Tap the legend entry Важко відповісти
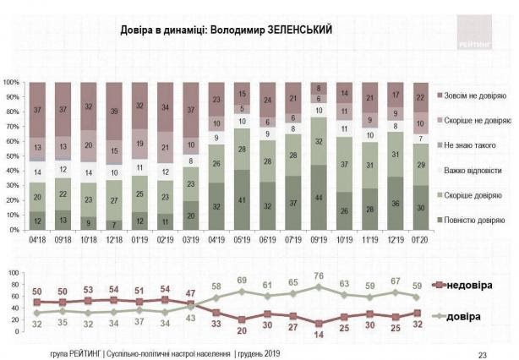pyautogui.click(x=473, y=170)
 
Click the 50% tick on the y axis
pyautogui.click(x=13, y=156)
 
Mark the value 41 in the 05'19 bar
pyautogui.click(x=243, y=199)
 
